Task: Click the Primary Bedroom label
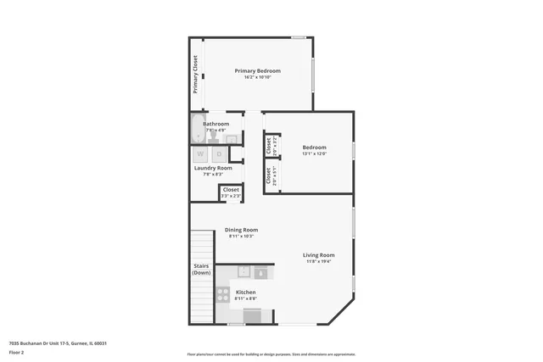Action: point(257,70)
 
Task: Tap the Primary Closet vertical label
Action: point(194,74)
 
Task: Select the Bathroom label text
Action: point(216,124)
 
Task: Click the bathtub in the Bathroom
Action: point(197,131)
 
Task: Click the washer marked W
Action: point(202,153)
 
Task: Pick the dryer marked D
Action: point(218,153)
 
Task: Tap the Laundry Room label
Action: point(213,168)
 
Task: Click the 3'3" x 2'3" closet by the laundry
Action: point(231,192)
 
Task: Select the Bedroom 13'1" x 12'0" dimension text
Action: point(314,153)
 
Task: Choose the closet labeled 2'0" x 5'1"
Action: point(269,176)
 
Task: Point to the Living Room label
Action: point(320,254)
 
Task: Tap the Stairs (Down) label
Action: point(201,269)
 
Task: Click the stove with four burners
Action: point(224,294)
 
